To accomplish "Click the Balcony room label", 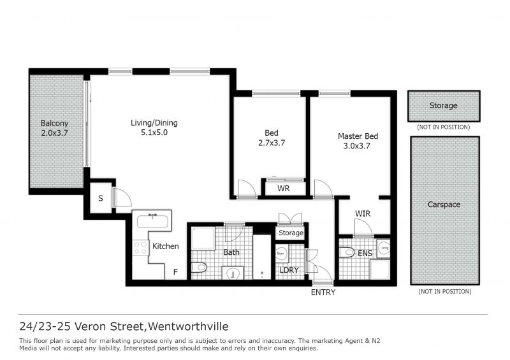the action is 54,123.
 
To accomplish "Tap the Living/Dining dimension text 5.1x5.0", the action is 154,133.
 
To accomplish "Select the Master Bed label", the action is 358,136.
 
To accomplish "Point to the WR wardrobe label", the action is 283,189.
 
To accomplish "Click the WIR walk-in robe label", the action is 363,213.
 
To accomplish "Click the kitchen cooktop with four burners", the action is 140,247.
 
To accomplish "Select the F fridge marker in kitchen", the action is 175,272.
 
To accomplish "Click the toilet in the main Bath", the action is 199,268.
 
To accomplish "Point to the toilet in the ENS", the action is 347,252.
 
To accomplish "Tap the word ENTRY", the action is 323,292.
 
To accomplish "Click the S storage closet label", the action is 101,198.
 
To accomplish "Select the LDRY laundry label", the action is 289,270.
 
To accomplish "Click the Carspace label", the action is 444,205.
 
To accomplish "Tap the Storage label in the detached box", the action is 443,105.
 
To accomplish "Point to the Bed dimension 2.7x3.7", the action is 272,143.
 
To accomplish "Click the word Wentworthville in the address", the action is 188,326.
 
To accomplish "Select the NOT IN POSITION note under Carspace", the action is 444,291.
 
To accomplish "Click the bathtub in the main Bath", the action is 262,257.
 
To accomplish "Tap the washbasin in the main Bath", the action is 233,273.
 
